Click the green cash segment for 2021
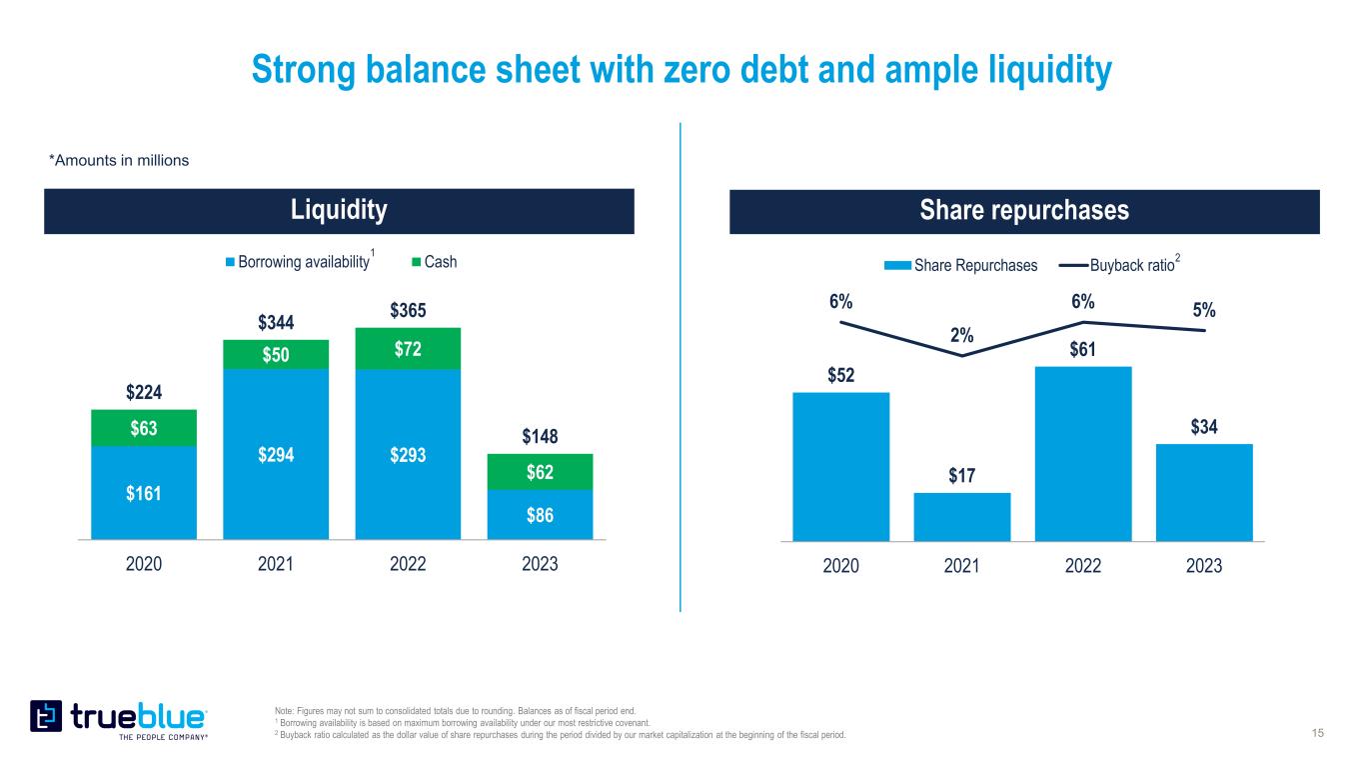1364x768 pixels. pos(276,355)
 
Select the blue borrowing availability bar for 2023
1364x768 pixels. pos(541,514)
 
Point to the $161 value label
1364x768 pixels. pos(143,493)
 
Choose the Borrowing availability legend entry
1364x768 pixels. pos(297,262)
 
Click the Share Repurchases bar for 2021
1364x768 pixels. pos(961,516)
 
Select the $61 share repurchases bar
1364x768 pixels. pos(1083,453)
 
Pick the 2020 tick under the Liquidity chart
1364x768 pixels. pos(144,564)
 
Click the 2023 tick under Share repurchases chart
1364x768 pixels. pos(1204,565)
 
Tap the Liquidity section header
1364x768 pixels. pos(339,210)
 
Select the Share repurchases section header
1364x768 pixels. pos(1024,211)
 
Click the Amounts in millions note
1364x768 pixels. pos(119,160)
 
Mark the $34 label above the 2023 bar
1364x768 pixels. pos(1204,428)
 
